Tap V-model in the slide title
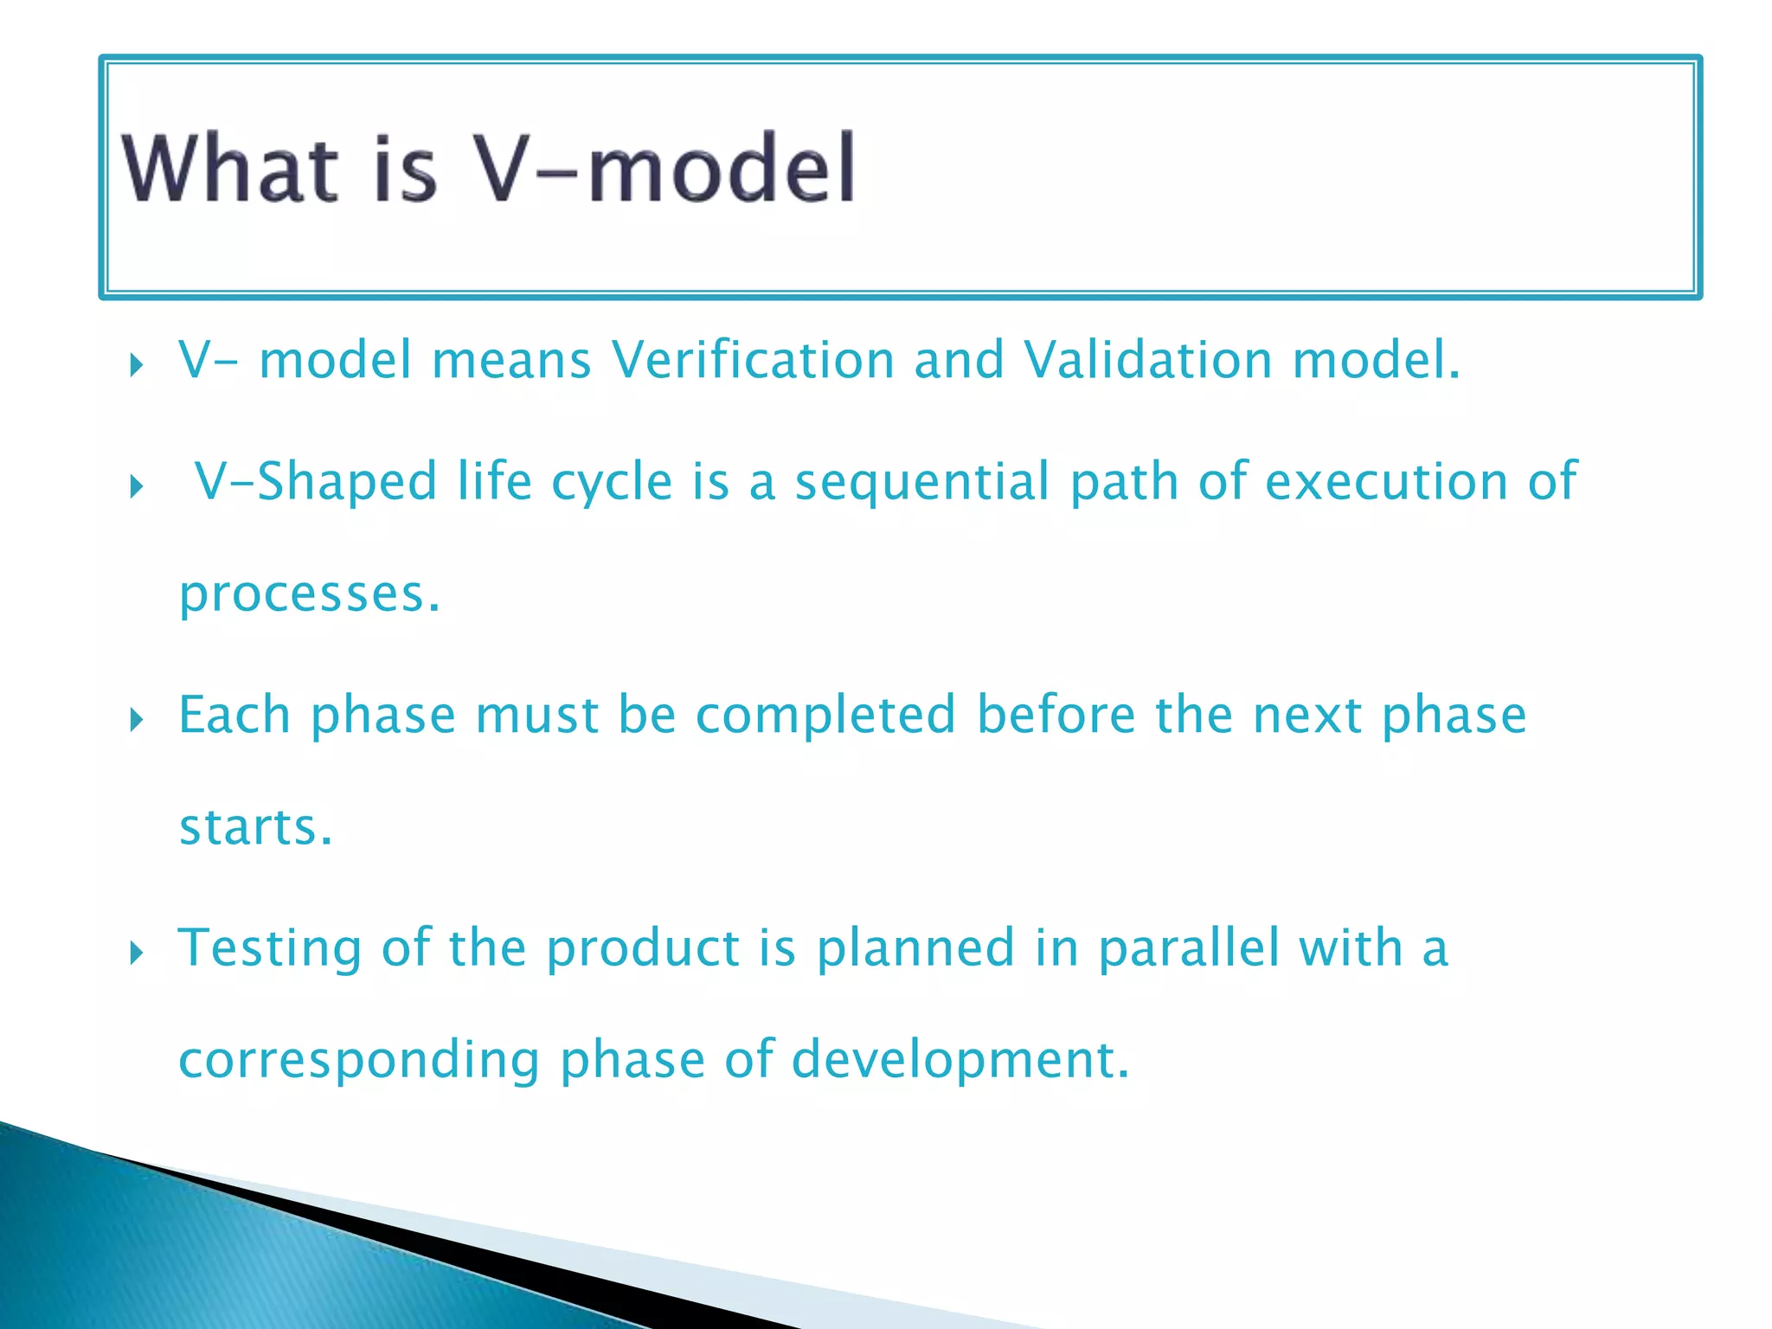point(665,169)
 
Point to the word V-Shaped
point(316,482)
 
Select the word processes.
point(309,595)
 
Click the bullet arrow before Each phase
point(136,719)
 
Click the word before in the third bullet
point(1056,716)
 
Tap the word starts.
point(255,828)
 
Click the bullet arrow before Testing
point(136,953)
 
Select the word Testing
point(270,949)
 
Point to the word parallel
point(1189,947)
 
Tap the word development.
point(960,1060)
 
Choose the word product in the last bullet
point(642,949)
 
